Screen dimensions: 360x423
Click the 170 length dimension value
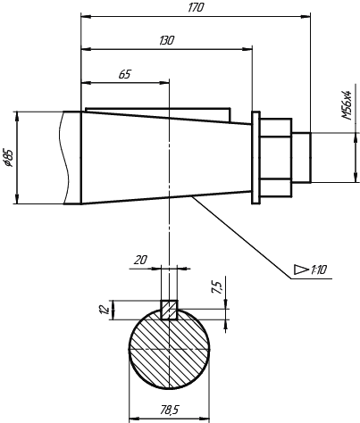[x=196, y=8]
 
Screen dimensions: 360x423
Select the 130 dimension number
[x=166, y=40]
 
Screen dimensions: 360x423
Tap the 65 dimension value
[x=125, y=74]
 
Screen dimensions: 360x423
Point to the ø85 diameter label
[x=9, y=157]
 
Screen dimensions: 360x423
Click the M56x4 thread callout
[x=347, y=104]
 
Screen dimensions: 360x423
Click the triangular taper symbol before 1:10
[x=301, y=270]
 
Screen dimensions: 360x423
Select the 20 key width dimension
[x=140, y=261]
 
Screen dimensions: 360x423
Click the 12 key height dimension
[x=104, y=310]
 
